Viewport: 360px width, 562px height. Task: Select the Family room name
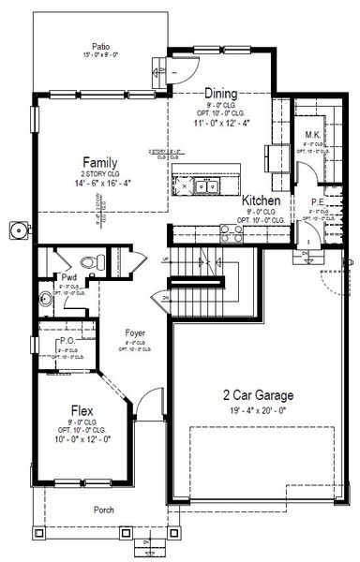point(99,161)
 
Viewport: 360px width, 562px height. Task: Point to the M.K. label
point(313,136)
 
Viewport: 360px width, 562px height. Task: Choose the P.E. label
point(317,200)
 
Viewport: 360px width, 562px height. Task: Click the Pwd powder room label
point(68,278)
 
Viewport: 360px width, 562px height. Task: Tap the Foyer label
point(138,332)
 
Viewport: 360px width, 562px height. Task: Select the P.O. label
point(66,342)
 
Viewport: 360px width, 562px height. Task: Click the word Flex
point(82,410)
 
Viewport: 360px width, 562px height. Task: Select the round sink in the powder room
point(47,300)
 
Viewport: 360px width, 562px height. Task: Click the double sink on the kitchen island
point(205,186)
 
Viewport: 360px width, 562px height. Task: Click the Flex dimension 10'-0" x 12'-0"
point(82,438)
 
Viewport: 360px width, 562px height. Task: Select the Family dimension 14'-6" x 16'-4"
point(99,185)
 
